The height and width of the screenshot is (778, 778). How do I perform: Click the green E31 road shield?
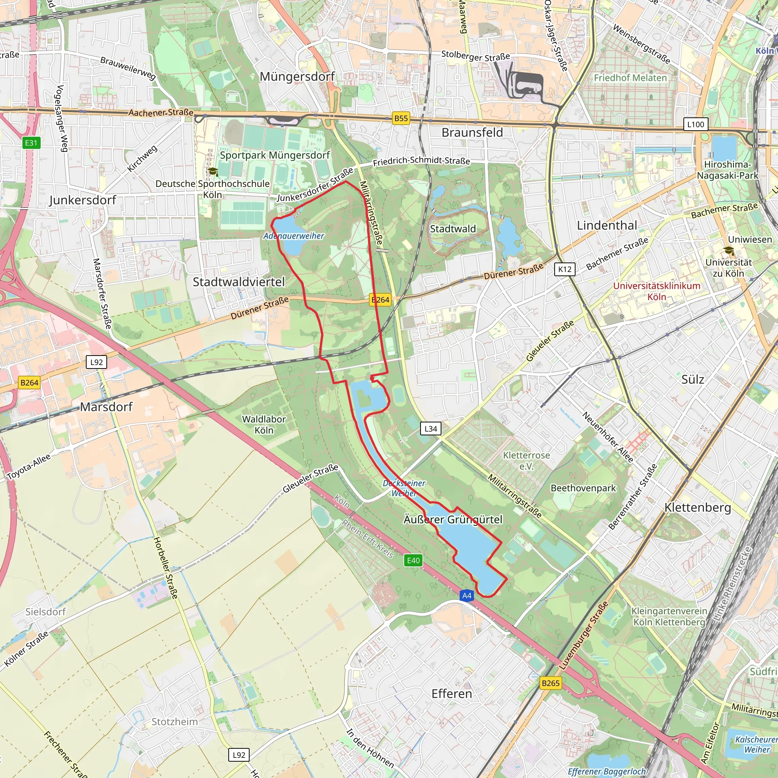(31, 142)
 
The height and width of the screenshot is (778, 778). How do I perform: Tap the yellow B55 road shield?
(401, 119)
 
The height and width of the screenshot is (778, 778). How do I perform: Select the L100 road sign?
(696, 125)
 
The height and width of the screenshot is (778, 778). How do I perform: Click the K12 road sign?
(565, 269)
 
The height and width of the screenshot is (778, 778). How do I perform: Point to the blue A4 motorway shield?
(466, 596)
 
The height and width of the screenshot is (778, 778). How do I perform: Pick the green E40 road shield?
(413, 561)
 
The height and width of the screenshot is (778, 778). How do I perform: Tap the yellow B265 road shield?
(550, 683)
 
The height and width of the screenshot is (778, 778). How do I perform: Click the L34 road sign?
(430, 429)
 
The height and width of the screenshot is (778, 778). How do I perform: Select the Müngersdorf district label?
(297, 76)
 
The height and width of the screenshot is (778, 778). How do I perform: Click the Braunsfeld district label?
(472, 133)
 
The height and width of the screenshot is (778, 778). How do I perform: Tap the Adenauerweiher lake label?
(294, 236)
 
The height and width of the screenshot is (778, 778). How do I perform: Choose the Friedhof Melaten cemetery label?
(630, 78)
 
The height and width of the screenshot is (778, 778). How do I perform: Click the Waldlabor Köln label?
(264, 424)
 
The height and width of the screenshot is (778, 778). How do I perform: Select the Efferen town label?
(451, 693)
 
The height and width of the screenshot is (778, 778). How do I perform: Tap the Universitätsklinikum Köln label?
(656, 291)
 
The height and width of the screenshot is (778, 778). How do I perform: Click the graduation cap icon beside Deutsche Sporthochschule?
(213, 172)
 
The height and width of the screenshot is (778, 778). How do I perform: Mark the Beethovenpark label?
(583, 488)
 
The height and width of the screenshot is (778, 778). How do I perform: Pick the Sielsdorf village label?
(46, 612)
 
